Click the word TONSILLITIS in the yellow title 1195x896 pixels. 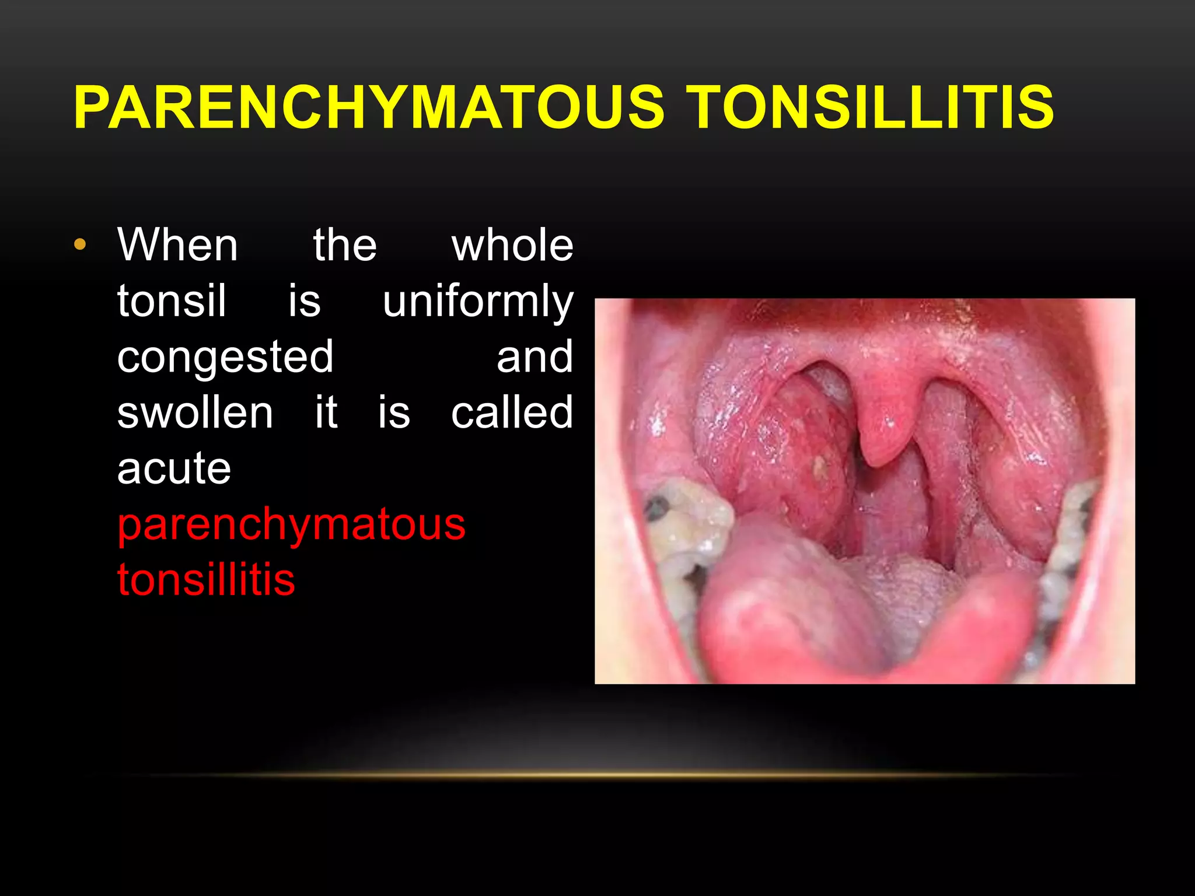pyautogui.click(x=872, y=107)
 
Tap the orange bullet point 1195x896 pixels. pyautogui.click(x=80, y=244)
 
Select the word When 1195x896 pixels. pyautogui.click(x=178, y=246)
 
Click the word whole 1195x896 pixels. pyautogui.click(x=512, y=246)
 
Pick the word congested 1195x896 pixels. pyautogui.click(x=225, y=357)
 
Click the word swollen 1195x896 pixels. pyautogui.click(x=195, y=413)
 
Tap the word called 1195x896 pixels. pyautogui.click(x=512, y=413)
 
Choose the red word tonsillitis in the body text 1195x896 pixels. pyautogui.click(x=206, y=580)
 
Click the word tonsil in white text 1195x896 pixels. pyautogui.click(x=172, y=301)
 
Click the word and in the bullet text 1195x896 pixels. pyautogui.click(x=534, y=357)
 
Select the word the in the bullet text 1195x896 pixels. pyautogui.click(x=345, y=246)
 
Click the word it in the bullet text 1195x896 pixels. pyautogui.click(x=326, y=413)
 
